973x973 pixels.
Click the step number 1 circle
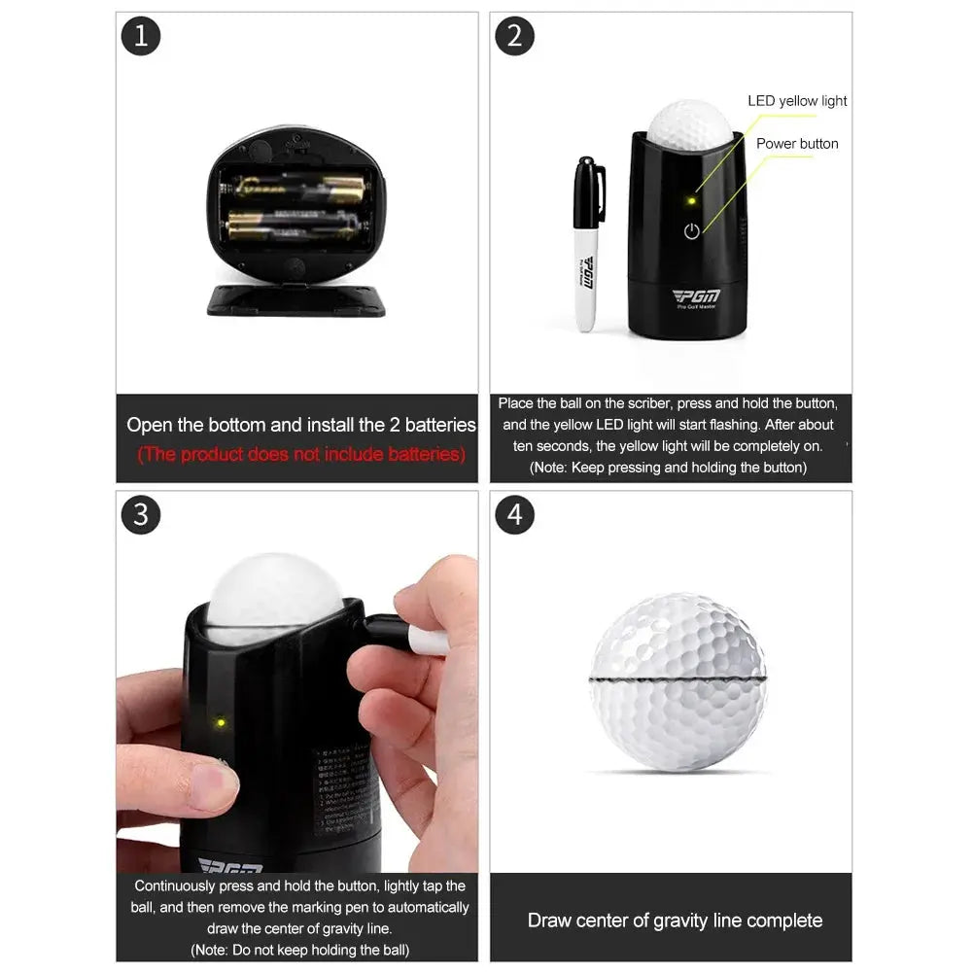pos(141,36)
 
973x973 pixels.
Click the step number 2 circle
pos(515,36)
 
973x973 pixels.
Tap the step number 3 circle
pos(141,513)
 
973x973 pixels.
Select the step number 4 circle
pos(515,513)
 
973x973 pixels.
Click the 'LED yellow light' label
pos(797,101)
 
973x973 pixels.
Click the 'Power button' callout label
pos(797,144)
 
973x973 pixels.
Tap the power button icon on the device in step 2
pos(691,231)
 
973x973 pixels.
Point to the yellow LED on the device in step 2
pos(691,201)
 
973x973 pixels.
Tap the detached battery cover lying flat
pos(296,301)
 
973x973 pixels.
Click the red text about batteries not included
pos(300,455)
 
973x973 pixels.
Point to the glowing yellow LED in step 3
pos(221,722)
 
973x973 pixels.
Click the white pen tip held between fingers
pos(428,641)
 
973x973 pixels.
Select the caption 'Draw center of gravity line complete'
pos(675,920)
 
